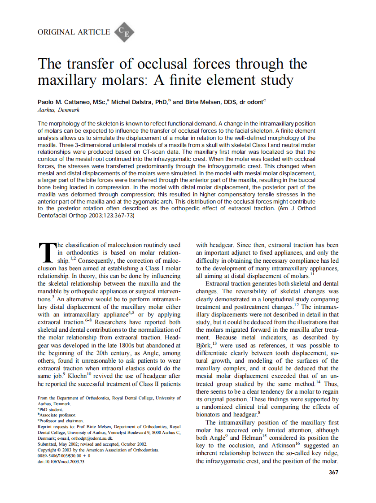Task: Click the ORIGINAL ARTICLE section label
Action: (x=74, y=32)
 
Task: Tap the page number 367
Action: (x=333, y=472)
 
